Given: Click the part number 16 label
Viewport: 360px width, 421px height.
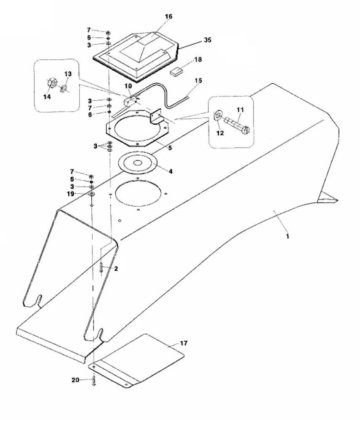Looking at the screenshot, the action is click(168, 16).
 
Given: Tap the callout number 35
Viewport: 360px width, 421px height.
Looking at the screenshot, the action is click(208, 40).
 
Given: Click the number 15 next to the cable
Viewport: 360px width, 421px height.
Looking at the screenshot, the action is click(198, 80).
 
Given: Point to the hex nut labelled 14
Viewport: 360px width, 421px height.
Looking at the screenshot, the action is click(51, 82).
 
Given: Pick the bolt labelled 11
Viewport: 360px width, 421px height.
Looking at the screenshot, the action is click(237, 125).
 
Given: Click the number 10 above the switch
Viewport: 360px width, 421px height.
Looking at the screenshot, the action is click(128, 86).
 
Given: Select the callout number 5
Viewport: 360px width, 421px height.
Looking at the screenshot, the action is click(170, 148).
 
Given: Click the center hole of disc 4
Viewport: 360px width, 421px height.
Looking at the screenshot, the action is click(137, 163).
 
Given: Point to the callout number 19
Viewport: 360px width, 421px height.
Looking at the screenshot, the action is click(71, 194).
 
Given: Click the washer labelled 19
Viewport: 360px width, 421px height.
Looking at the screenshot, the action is click(91, 194).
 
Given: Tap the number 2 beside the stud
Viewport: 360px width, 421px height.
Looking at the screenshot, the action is click(116, 269).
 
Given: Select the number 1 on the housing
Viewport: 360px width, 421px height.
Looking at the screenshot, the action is click(288, 236).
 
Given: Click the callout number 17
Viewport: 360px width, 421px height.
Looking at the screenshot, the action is click(184, 343).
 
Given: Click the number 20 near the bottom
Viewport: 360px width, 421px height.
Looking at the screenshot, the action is click(75, 380).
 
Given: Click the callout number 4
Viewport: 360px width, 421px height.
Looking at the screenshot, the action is click(171, 171).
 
